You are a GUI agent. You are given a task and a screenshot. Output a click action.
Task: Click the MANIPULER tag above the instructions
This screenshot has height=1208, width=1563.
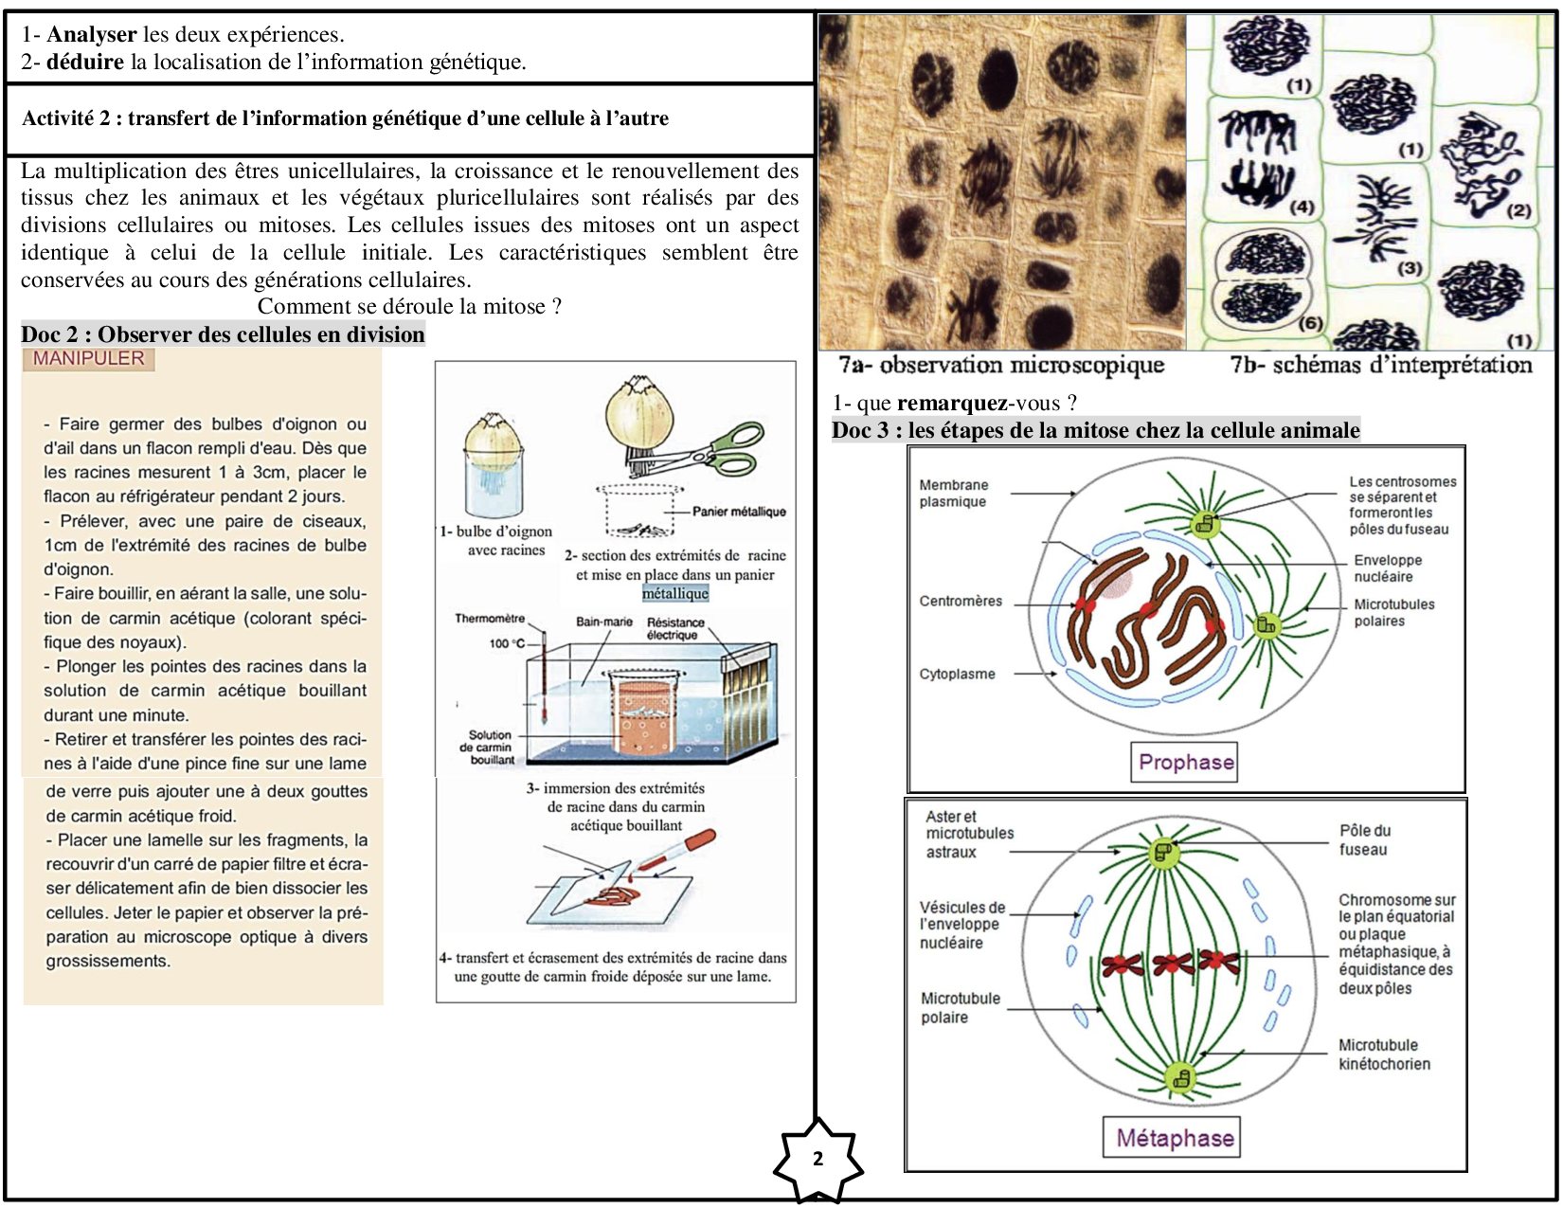pyautogui.click(x=88, y=359)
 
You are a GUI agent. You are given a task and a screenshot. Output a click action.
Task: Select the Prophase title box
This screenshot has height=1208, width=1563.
pyautogui.click(x=1185, y=762)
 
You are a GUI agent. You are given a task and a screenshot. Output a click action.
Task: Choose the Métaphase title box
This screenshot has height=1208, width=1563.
pyautogui.click(x=1174, y=1137)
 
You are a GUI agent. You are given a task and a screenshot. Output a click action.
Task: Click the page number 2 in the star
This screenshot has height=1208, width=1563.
pyautogui.click(x=818, y=1159)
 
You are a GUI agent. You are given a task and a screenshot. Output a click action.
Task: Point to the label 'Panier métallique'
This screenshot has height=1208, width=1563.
pyautogui.click(x=739, y=512)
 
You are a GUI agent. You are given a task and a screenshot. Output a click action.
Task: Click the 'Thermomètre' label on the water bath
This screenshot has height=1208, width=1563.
pyautogui.click(x=489, y=619)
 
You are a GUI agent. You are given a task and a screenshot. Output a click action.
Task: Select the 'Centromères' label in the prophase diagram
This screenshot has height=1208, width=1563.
pyautogui.click(x=960, y=601)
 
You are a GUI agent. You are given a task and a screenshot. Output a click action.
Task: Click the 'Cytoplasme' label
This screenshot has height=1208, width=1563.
pyautogui.click(x=957, y=674)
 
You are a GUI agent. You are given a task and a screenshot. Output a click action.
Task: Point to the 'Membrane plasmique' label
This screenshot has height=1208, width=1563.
pyautogui.click(x=953, y=493)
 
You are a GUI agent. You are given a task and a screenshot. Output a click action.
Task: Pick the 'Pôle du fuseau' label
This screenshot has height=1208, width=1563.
pyautogui.click(x=1364, y=840)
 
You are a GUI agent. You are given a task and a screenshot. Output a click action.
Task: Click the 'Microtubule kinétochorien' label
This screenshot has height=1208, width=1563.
pyautogui.click(x=1383, y=1055)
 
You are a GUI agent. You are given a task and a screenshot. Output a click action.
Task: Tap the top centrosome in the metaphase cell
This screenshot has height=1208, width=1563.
pyautogui.click(x=1163, y=852)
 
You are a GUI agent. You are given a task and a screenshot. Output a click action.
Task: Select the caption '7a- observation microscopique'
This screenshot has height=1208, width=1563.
pyautogui.click(x=1000, y=365)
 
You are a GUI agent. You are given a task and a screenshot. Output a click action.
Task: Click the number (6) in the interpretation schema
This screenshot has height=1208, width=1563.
pyautogui.click(x=1310, y=323)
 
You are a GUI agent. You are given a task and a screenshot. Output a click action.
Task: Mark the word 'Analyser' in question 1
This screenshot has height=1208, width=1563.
pyautogui.click(x=92, y=34)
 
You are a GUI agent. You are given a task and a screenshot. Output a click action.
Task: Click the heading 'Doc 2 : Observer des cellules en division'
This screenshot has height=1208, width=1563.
pyautogui.click(x=223, y=334)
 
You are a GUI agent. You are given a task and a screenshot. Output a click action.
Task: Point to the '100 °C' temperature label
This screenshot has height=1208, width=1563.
pyautogui.click(x=507, y=643)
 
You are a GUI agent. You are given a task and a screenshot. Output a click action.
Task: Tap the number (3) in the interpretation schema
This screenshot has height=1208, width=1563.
pyautogui.click(x=1410, y=268)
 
